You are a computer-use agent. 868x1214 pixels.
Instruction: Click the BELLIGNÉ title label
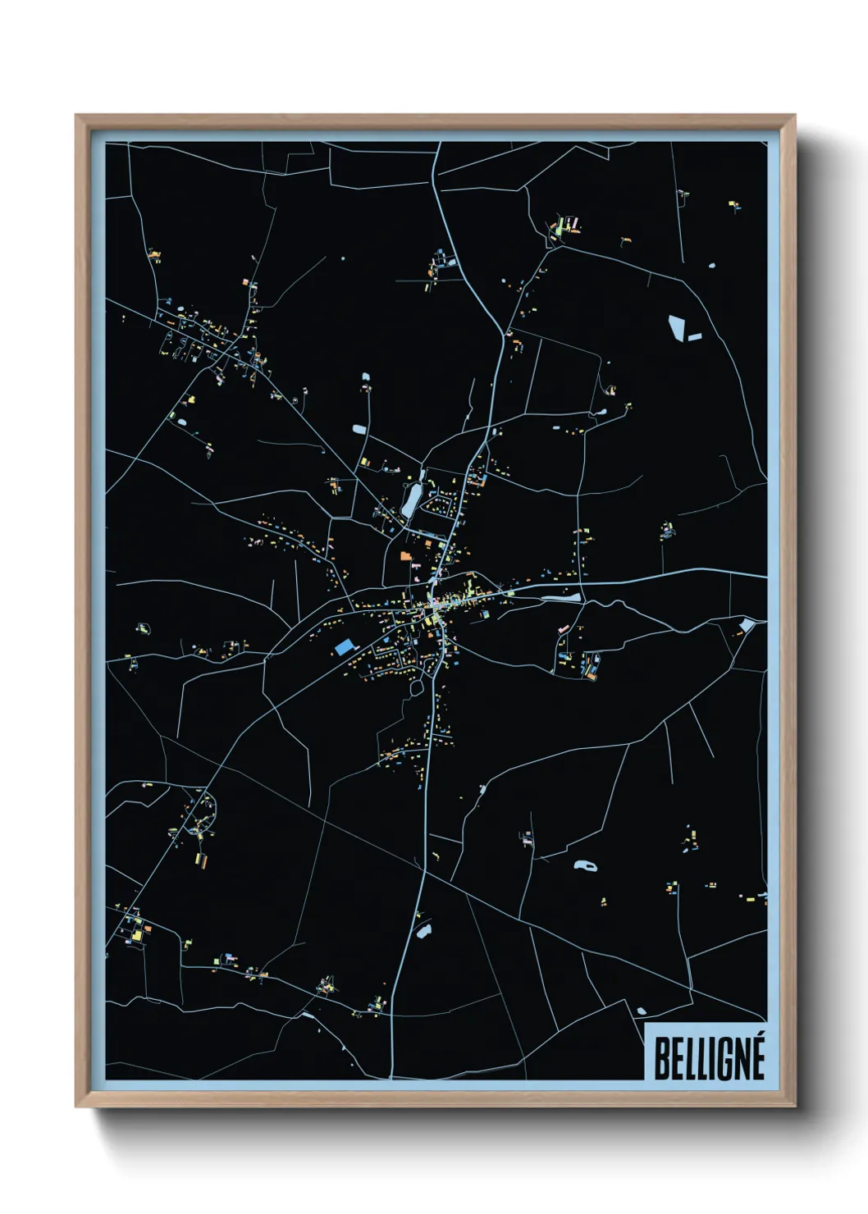709,1058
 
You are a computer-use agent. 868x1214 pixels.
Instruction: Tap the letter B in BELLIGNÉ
660,1059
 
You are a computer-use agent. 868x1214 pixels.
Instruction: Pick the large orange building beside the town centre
404,555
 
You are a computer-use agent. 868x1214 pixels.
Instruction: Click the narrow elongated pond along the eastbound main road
560,597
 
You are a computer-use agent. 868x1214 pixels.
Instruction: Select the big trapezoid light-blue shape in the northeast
677,327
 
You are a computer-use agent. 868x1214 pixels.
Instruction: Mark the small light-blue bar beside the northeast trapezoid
695,336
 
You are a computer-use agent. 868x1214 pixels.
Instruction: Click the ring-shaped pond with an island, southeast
585,865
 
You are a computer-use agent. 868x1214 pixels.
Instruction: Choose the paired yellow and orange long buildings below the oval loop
200,860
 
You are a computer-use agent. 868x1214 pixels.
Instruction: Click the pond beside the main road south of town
423,931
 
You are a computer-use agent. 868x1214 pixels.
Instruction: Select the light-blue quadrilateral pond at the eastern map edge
746,626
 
